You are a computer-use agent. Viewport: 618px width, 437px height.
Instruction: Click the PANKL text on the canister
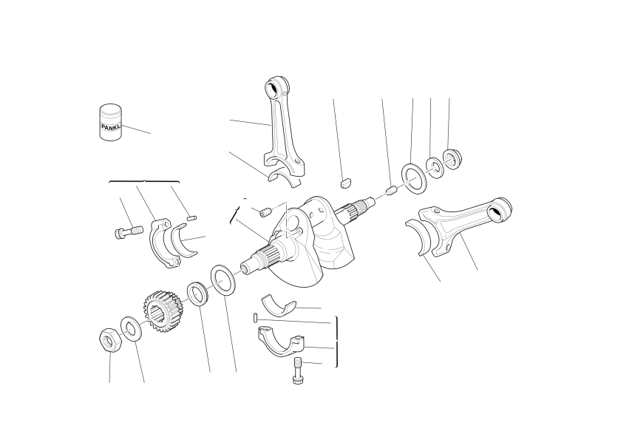pos(111,126)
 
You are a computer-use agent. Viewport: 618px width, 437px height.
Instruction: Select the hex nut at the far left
pos(110,340)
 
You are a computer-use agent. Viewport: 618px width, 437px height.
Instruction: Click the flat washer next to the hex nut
pos(129,328)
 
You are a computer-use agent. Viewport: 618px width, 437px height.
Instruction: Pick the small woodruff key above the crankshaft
pos(346,183)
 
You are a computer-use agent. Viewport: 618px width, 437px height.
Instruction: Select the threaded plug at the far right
pos(452,159)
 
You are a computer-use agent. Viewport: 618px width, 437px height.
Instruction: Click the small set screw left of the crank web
pos(265,212)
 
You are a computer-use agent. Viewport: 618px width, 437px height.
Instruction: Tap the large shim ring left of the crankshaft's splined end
pos(223,280)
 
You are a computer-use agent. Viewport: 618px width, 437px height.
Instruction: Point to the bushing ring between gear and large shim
pos(197,294)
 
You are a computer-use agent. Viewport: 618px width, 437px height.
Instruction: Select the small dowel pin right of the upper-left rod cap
pos(191,217)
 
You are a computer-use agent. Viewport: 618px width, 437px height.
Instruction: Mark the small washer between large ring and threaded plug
pos(435,168)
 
